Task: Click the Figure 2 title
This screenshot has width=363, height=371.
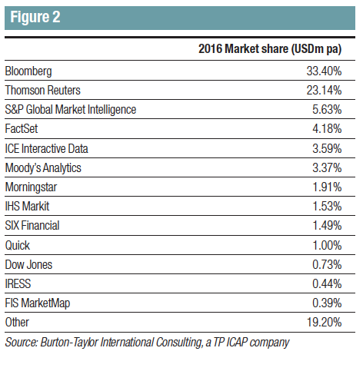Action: point(35,17)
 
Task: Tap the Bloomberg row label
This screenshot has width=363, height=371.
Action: point(28,71)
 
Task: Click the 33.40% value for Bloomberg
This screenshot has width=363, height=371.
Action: point(324,71)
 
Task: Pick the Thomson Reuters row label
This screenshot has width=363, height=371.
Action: point(43,90)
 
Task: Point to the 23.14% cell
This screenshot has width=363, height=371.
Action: point(324,90)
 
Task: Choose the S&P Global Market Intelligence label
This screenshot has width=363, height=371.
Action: point(71,110)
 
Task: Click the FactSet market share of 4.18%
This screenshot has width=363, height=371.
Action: point(327,128)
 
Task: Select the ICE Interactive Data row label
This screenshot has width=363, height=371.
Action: point(47,148)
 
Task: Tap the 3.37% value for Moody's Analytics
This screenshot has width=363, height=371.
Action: point(327,168)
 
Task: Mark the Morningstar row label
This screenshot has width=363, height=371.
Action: point(31,187)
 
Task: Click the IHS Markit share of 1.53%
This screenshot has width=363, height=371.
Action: point(327,207)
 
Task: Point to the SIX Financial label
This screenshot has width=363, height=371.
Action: point(32,226)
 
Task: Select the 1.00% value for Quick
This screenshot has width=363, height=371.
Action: point(327,245)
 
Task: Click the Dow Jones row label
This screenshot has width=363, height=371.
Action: point(28,264)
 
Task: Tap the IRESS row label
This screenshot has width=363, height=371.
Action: point(18,283)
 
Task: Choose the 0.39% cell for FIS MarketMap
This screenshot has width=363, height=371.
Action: point(327,303)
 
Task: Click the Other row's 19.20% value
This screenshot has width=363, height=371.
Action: point(324,322)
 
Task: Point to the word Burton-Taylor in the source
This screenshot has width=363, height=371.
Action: point(69,343)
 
